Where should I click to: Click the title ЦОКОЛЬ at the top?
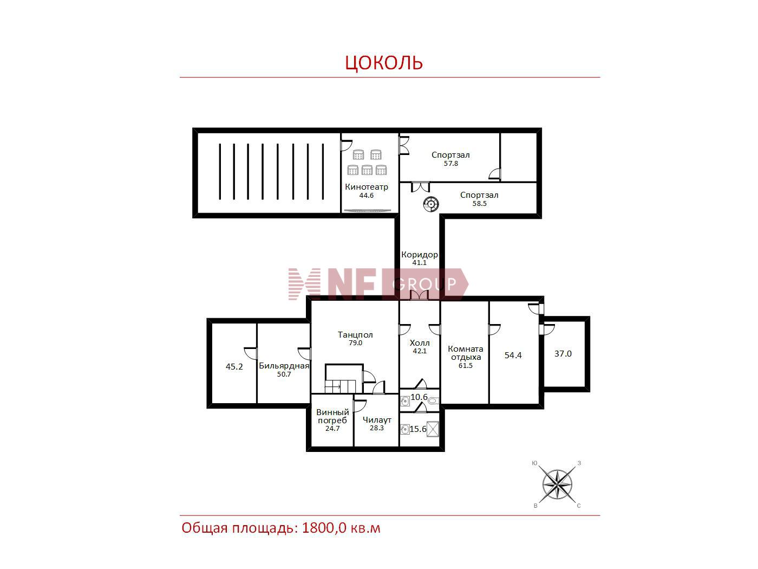tap(384, 63)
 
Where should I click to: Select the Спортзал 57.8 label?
tap(450, 159)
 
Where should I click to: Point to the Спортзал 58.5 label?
tap(479, 199)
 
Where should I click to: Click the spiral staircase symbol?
tap(430, 204)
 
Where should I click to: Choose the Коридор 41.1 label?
tap(419, 258)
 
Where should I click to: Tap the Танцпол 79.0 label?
tap(355, 339)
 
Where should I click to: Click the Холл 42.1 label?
tap(420, 347)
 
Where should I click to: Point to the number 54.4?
tap(513, 355)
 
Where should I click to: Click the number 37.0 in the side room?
tap(563, 354)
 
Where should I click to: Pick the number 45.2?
tap(234, 366)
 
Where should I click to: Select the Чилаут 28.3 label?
tap(377, 424)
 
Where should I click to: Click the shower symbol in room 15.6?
tap(433, 429)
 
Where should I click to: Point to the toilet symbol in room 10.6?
tap(433, 401)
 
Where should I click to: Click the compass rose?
tap(557, 484)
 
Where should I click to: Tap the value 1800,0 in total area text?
tap(324, 528)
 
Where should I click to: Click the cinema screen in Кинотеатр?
tap(367, 210)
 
